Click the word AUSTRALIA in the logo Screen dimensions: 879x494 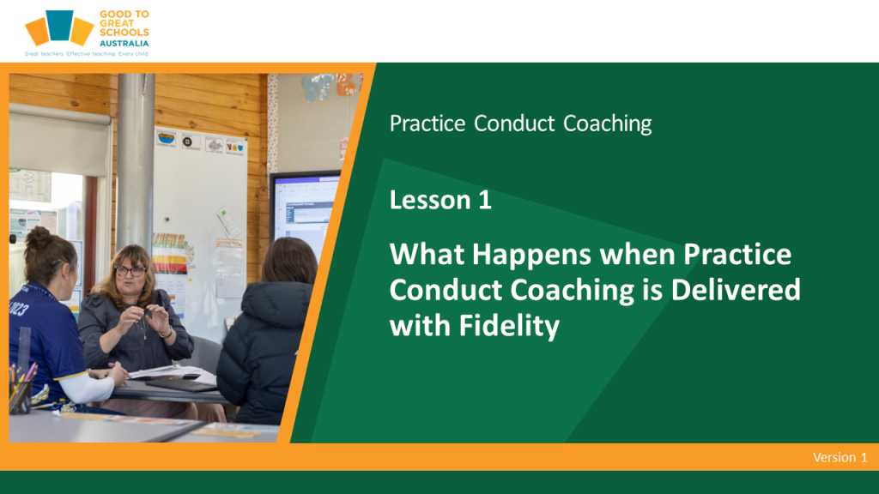click(x=124, y=43)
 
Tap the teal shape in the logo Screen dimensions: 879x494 click(x=59, y=25)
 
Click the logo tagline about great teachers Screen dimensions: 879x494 click(x=87, y=54)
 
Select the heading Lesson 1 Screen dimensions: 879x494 click(x=440, y=200)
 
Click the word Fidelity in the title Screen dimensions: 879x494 click(x=509, y=326)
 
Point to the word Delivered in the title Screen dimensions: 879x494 click(x=736, y=290)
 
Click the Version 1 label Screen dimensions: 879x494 click(x=840, y=458)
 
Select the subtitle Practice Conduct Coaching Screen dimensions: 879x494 click(x=521, y=123)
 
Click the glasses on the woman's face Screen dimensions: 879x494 click(x=130, y=271)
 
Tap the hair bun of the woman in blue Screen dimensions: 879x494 click(x=39, y=238)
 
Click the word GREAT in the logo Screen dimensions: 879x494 click(x=117, y=23)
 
